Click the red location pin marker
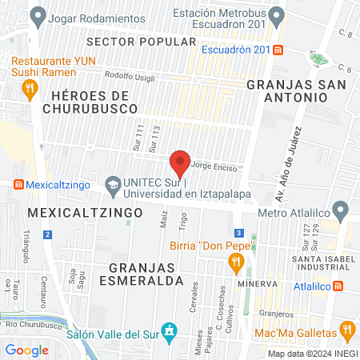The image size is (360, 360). click(181, 162)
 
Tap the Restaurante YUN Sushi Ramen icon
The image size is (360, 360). click(30, 88)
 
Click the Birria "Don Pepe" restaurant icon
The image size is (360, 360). click(235, 261)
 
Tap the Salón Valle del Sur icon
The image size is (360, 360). click(169, 330)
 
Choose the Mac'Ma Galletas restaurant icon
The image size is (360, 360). click(347, 328)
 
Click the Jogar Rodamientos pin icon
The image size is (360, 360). click(37, 15)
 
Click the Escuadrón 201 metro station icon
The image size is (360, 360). click(278, 50)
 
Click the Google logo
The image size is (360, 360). click(27, 350)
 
